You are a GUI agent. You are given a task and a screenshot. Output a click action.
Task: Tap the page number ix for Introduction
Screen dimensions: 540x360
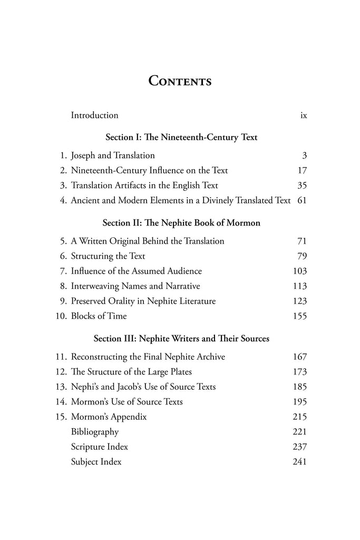coord(303,115)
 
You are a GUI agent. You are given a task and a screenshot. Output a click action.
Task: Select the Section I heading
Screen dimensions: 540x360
coord(181,137)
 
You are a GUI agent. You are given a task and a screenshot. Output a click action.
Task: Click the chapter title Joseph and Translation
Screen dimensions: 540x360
coord(113,155)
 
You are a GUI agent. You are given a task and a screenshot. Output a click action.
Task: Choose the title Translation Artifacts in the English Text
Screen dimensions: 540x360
coord(144,185)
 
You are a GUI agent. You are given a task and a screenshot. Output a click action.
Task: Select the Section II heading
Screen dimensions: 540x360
coord(181,223)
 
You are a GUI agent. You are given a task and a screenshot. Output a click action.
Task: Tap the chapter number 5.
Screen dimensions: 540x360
coord(63,241)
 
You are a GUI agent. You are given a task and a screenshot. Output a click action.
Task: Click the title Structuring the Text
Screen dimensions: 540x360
coord(108,256)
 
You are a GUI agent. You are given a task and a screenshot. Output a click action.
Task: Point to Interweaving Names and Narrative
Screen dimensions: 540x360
coord(135,286)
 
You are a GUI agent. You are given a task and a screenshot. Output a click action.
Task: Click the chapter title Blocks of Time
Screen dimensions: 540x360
coord(99,316)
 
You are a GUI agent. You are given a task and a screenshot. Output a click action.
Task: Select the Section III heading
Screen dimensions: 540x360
coord(181,339)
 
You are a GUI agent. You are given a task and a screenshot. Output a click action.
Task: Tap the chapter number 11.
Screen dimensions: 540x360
coord(61,357)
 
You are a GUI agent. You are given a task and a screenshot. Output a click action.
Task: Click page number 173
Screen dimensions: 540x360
coord(299,372)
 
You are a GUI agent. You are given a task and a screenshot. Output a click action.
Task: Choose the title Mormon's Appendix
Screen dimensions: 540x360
coord(109,417)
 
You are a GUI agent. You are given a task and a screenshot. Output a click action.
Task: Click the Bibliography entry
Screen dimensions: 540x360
coord(95,432)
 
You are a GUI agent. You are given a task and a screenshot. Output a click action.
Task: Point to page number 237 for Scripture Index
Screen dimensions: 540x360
coord(299,447)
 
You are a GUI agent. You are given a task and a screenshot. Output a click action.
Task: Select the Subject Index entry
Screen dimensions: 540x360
coord(96,462)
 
